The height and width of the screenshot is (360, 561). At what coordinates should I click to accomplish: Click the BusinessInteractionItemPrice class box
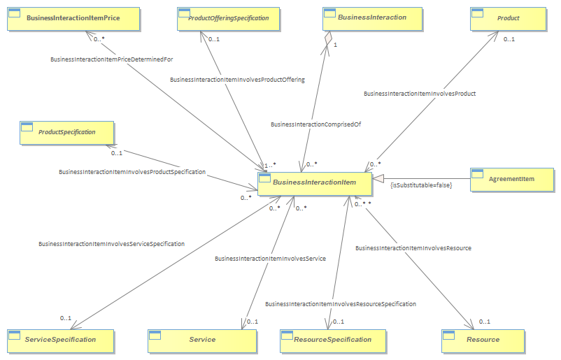click(x=73, y=19)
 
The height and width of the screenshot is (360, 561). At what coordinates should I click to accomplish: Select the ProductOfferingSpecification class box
click(x=228, y=19)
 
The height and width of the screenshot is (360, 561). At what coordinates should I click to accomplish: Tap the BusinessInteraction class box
click(x=372, y=19)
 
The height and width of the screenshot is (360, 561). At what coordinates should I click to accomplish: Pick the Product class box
click(x=509, y=19)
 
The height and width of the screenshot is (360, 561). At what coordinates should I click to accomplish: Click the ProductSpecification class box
click(x=67, y=133)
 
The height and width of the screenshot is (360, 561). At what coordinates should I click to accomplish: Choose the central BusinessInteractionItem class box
click(x=315, y=184)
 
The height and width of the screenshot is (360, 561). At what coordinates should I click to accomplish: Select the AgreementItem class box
click(x=512, y=180)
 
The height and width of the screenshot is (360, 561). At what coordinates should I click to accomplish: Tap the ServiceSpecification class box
click(x=60, y=341)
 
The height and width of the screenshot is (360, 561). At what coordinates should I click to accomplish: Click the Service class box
click(x=202, y=341)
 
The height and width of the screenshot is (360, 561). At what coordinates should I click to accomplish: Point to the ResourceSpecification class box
click(x=333, y=341)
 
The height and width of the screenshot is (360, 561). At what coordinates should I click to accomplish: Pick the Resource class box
click(x=483, y=341)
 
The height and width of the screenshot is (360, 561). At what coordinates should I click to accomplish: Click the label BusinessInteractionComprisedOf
click(x=316, y=124)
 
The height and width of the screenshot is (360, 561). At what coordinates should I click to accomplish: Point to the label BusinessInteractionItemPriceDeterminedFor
click(x=112, y=59)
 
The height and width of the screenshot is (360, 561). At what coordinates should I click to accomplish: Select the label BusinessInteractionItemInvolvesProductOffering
click(x=238, y=80)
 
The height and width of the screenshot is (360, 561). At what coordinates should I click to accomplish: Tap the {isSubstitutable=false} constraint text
click(x=421, y=185)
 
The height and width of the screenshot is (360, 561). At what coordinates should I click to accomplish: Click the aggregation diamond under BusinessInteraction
click(x=328, y=39)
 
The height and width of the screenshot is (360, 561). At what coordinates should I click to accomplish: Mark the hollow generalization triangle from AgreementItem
click(x=378, y=178)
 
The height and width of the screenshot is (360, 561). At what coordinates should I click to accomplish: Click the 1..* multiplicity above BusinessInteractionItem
click(x=270, y=165)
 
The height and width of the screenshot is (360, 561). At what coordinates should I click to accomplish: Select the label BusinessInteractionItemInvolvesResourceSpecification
click(x=341, y=304)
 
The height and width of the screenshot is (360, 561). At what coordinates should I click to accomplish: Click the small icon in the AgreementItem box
click(x=477, y=173)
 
